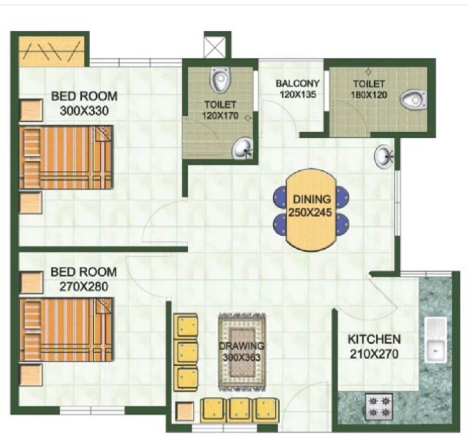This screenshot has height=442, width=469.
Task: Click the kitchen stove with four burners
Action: [379, 406]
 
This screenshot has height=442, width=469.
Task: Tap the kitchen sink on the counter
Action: [436, 340]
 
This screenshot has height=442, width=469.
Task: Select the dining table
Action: [311, 210]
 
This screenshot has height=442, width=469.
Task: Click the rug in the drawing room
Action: [242, 352]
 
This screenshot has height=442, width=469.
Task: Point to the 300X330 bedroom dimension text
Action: [84, 111]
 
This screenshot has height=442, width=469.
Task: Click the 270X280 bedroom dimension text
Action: [83, 286]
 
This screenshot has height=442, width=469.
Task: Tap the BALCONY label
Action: [298, 83]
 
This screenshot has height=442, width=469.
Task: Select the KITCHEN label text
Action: [374, 339]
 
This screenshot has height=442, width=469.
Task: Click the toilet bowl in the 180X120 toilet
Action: [413, 100]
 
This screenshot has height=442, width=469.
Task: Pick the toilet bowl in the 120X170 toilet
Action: [220, 79]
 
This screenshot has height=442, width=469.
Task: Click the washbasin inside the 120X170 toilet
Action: [242, 148]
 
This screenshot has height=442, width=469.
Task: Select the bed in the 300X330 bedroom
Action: [66, 157]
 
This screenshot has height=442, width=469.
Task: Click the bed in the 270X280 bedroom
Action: [66, 329]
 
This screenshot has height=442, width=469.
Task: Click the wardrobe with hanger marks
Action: [52, 52]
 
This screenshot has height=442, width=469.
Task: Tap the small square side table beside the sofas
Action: [185, 411]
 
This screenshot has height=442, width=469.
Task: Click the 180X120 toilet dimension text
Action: [369, 95]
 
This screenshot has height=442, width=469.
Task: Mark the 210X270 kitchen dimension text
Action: [374, 355]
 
